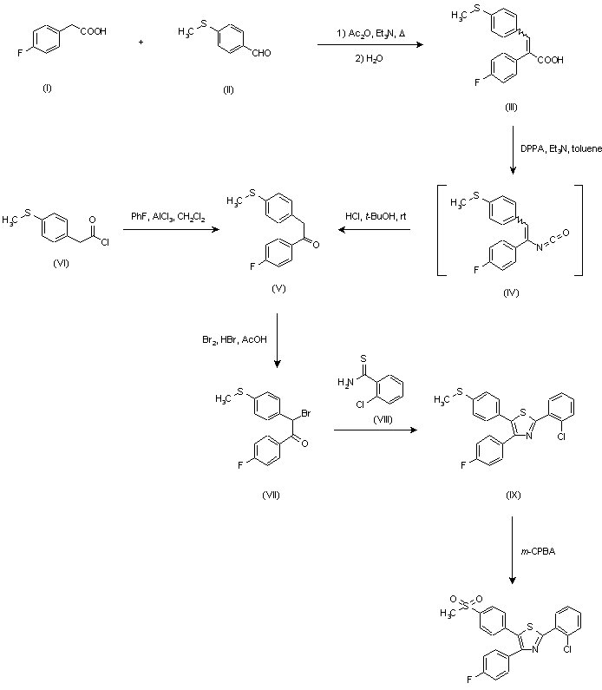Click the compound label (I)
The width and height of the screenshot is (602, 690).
pyautogui.click(x=47, y=88)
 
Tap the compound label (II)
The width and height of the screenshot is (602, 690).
pyautogui.click(x=228, y=89)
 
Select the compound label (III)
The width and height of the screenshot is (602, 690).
pyautogui.click(x=511, y=107)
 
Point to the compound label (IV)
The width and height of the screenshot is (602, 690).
pyautogui.click(x=511, y=292)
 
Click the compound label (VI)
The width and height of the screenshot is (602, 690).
pyautogui.click(x=61, y=263)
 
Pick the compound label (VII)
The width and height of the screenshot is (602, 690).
pyautogui.click(x=271, y=495)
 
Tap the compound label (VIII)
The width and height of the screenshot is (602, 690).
pyautogui.click(x=383, y=419)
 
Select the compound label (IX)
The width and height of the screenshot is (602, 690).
pyautogui.click(x=514, y=495)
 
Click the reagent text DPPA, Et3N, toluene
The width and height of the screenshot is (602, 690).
pyautogui.click(x=561, y=148)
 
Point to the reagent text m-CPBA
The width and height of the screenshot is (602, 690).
pyautogui.click(x=538, y=551)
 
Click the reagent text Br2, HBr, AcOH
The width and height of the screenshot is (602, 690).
pyautogui.click(x=234, y=339)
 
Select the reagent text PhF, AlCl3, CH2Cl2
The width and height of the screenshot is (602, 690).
pyautogui.click(x=168, y=217)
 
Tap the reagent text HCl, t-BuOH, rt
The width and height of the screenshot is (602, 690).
pyautogui.click(x=376, y=216)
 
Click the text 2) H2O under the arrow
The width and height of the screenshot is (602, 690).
pyautogui.click(x=369, y=58)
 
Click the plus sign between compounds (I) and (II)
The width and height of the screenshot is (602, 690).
pyautogui.click(x=141, y=43)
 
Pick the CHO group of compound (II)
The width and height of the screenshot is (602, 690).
pyautogui.click(x=261, y=53)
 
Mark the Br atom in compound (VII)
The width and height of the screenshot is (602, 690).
pyautogui.click(x=306, y=413)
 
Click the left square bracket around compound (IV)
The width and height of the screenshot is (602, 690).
pyautogui.click(x=440, y=231)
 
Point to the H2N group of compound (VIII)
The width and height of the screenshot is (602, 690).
pyautogui.click(x=345, y=383)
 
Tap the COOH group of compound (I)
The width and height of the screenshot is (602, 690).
pyautogui.click(x=93, y=32)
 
